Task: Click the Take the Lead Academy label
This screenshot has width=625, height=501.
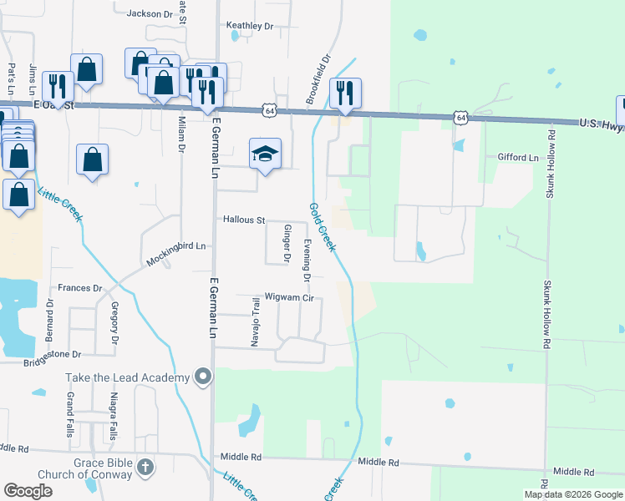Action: (128, 378)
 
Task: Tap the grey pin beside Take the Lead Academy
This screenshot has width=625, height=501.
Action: (202, 378)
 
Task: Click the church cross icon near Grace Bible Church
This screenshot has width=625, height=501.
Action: (145, 467)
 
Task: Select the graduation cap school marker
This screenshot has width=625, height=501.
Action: (265, 154)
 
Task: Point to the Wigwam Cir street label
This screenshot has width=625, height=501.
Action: (288, 296)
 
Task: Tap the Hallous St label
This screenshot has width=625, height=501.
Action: (243, 220)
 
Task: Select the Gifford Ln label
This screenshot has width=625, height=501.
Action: (518, 157)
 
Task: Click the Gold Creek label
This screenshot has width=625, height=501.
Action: (323, 227)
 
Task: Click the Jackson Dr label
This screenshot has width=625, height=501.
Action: (149, 14)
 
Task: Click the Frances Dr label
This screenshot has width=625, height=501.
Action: (79, 288)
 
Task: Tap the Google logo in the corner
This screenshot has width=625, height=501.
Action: (28, 491)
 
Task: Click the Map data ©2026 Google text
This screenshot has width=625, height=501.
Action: (572, 494)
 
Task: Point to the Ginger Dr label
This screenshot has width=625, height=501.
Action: (287, 245)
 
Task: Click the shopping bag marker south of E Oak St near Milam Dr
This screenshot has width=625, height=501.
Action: (93, 159)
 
